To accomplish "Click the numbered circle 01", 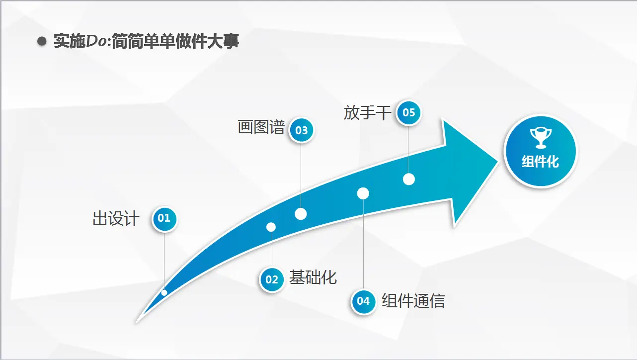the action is [164, 219].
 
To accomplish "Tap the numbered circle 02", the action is [272, 279].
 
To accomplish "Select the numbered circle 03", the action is [302, 130].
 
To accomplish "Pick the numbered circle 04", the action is [363, 301].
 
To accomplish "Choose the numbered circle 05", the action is [408, 113].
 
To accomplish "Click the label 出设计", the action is [116, 219].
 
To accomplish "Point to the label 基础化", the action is [313, 277].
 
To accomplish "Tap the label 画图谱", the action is [261, 127].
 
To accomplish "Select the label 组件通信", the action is [413, 300].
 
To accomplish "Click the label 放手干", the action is [367, 113].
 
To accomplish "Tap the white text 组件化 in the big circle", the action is [540, 162].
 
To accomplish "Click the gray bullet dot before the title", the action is [42, 41].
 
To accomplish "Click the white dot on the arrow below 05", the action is [409, 180].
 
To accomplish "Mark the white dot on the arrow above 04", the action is [363, 193].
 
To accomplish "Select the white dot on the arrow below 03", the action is [301, 214].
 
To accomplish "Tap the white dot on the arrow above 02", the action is [271, 227].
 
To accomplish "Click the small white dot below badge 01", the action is [164, 292].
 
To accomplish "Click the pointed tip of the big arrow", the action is [498, 161].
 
